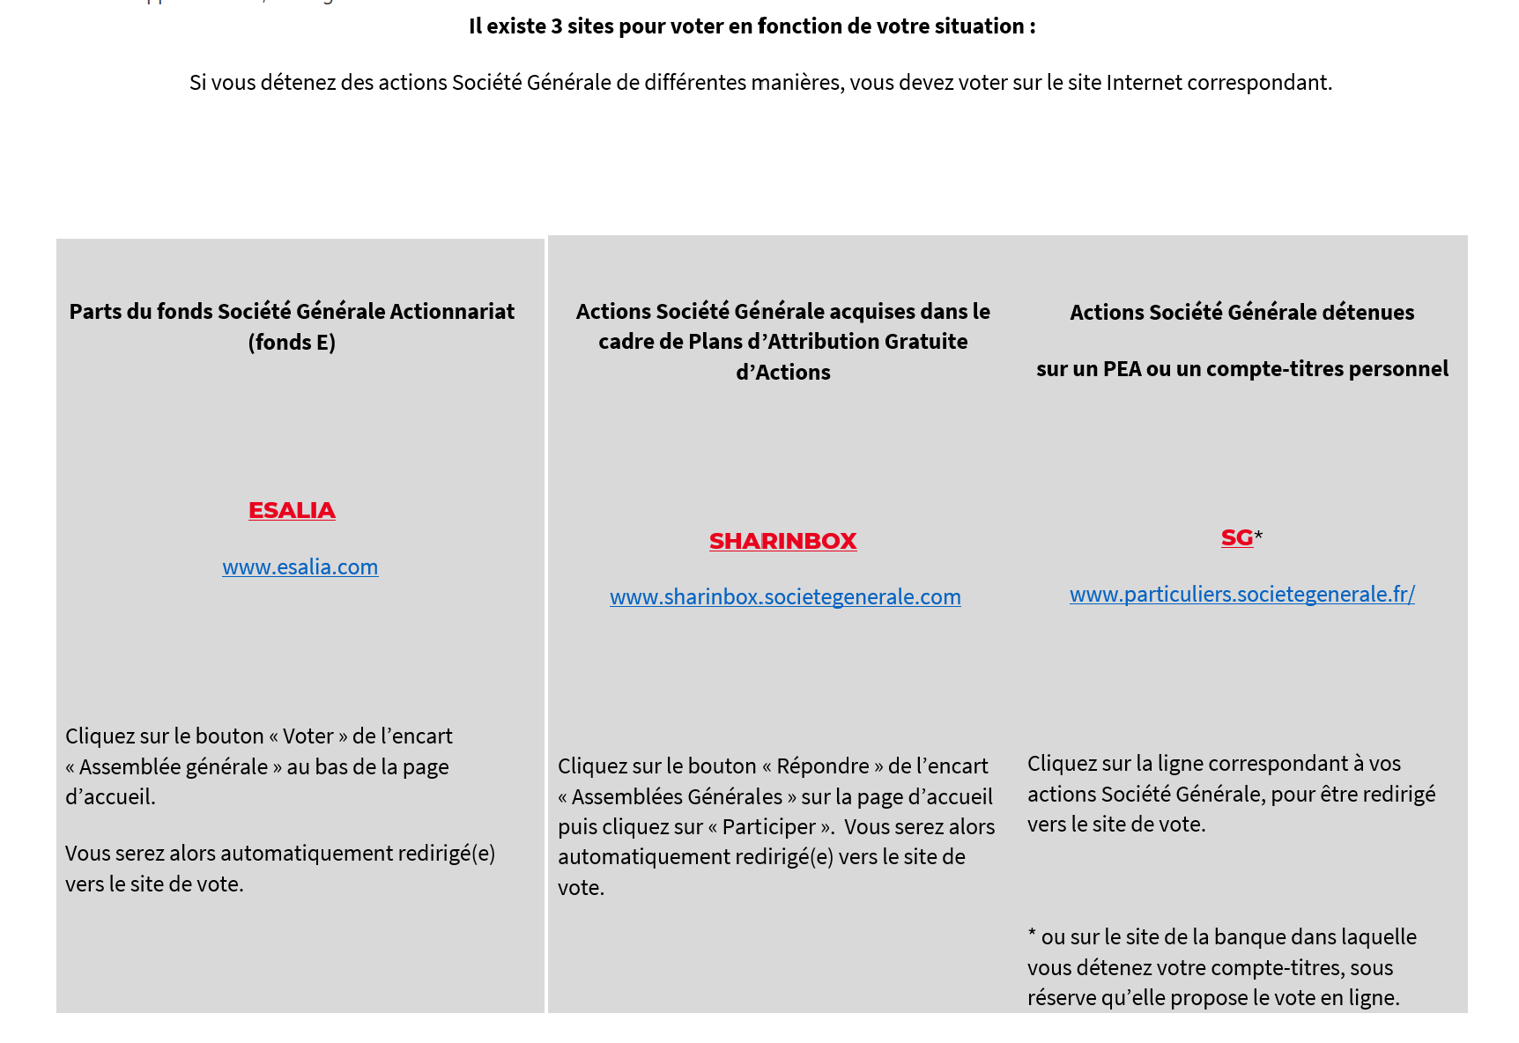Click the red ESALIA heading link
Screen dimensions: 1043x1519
click(292, 511)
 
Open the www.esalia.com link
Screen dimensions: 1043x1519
click(300, 567)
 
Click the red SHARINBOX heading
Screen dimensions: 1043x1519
click(782, 542)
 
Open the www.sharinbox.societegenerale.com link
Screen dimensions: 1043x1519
click(785, 597)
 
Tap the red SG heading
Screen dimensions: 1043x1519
click(1236, 538)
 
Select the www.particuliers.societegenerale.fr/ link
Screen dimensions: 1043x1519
click(1241, 595)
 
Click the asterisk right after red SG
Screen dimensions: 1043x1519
click(1259, 536)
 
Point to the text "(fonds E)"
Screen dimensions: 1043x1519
click(292, 343)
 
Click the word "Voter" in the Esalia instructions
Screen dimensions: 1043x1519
click(308, 736)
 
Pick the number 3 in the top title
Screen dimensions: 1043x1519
click(557, 26)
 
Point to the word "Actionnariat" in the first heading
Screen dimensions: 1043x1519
click(452, 312)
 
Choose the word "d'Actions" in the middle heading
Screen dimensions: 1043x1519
click(782, 373)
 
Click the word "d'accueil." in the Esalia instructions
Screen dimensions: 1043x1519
click(110, 797)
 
